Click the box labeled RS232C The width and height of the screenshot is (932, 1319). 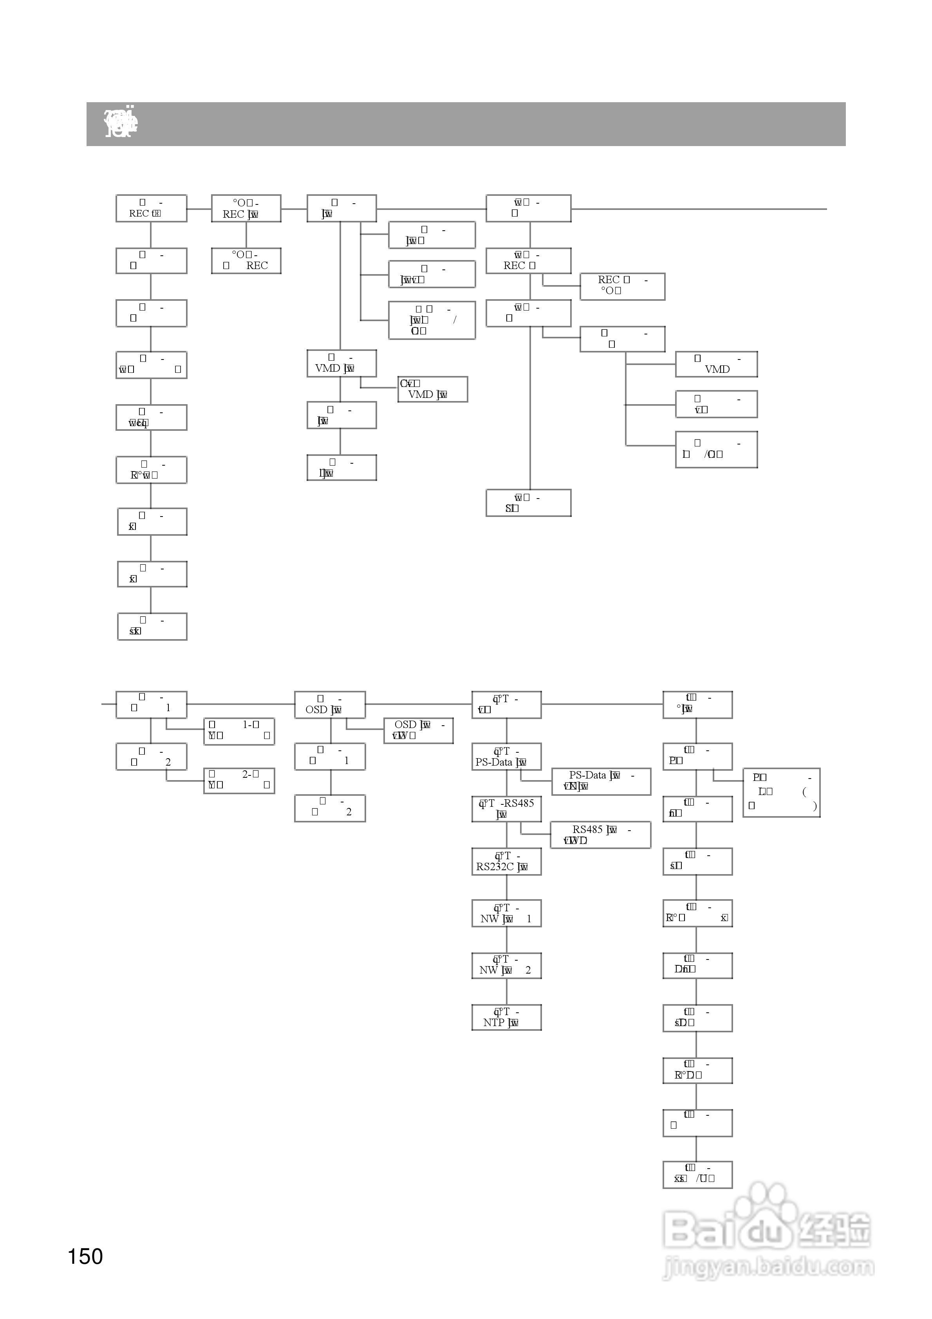click(x=506, y=861)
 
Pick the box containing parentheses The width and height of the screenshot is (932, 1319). click(x=781, y=792)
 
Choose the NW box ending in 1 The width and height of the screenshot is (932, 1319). click(x=506, y=913)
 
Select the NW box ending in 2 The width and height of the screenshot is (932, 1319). click(x=506, y=965)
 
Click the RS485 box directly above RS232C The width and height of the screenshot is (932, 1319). click(x=506, y=809)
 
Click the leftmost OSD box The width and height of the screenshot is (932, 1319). click(x=330, y=704)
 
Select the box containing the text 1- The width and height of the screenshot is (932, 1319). click(x=239, y=731)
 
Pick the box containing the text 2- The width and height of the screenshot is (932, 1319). click(x=239, y=781)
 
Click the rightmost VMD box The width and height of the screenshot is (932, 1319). click(x=716, y=364)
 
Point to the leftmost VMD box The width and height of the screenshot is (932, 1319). click(x=341, y=363)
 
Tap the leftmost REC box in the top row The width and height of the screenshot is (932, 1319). click(x=151, y=208)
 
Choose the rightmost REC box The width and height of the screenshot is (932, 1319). click(x=622, y=286)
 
